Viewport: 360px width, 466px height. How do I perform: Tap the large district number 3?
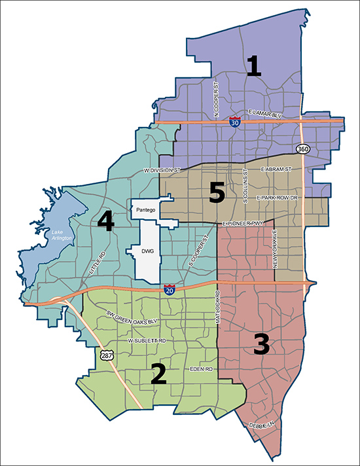click(x=261, y=343)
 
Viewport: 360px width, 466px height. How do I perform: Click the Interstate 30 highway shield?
click(x=234, y=121)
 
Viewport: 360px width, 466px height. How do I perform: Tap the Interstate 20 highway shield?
click(x=169, y=290)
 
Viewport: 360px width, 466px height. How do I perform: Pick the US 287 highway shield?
click(x=104, y=354)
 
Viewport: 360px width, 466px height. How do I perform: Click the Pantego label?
click(x=146, y=211)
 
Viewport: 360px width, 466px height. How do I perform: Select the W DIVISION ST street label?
click(x=160, y=171)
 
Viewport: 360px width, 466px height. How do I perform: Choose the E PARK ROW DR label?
click(x=277, y=197)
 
